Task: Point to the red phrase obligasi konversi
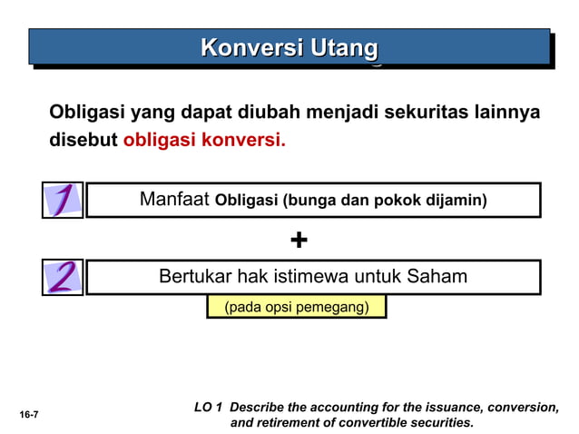(204, 142)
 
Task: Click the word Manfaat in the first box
(175, 200)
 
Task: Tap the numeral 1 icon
(63, 200)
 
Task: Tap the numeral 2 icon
(63, 277)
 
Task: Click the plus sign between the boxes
(299, 240)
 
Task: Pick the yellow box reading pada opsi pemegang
(296, 307)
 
